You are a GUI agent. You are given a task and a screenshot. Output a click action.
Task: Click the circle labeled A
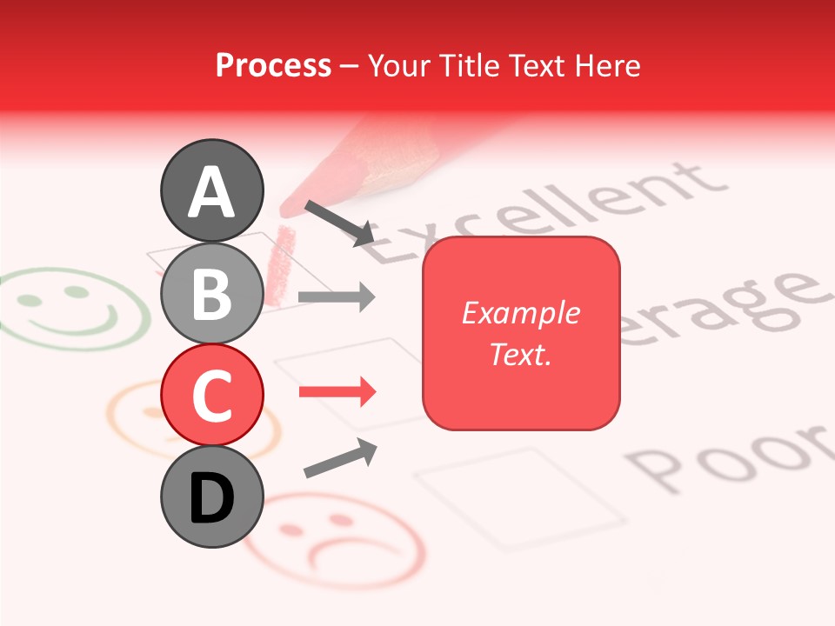212,190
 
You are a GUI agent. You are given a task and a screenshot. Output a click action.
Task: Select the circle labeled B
212,293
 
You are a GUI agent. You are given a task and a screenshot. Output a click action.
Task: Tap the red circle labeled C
212,395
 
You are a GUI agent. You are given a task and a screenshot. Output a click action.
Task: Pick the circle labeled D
212,496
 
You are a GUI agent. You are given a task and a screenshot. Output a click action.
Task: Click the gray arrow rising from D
340,458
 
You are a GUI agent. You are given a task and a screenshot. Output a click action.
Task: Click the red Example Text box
521,333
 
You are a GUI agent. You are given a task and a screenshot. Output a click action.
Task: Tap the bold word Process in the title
273,65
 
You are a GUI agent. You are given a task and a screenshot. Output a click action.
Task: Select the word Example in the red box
521,313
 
